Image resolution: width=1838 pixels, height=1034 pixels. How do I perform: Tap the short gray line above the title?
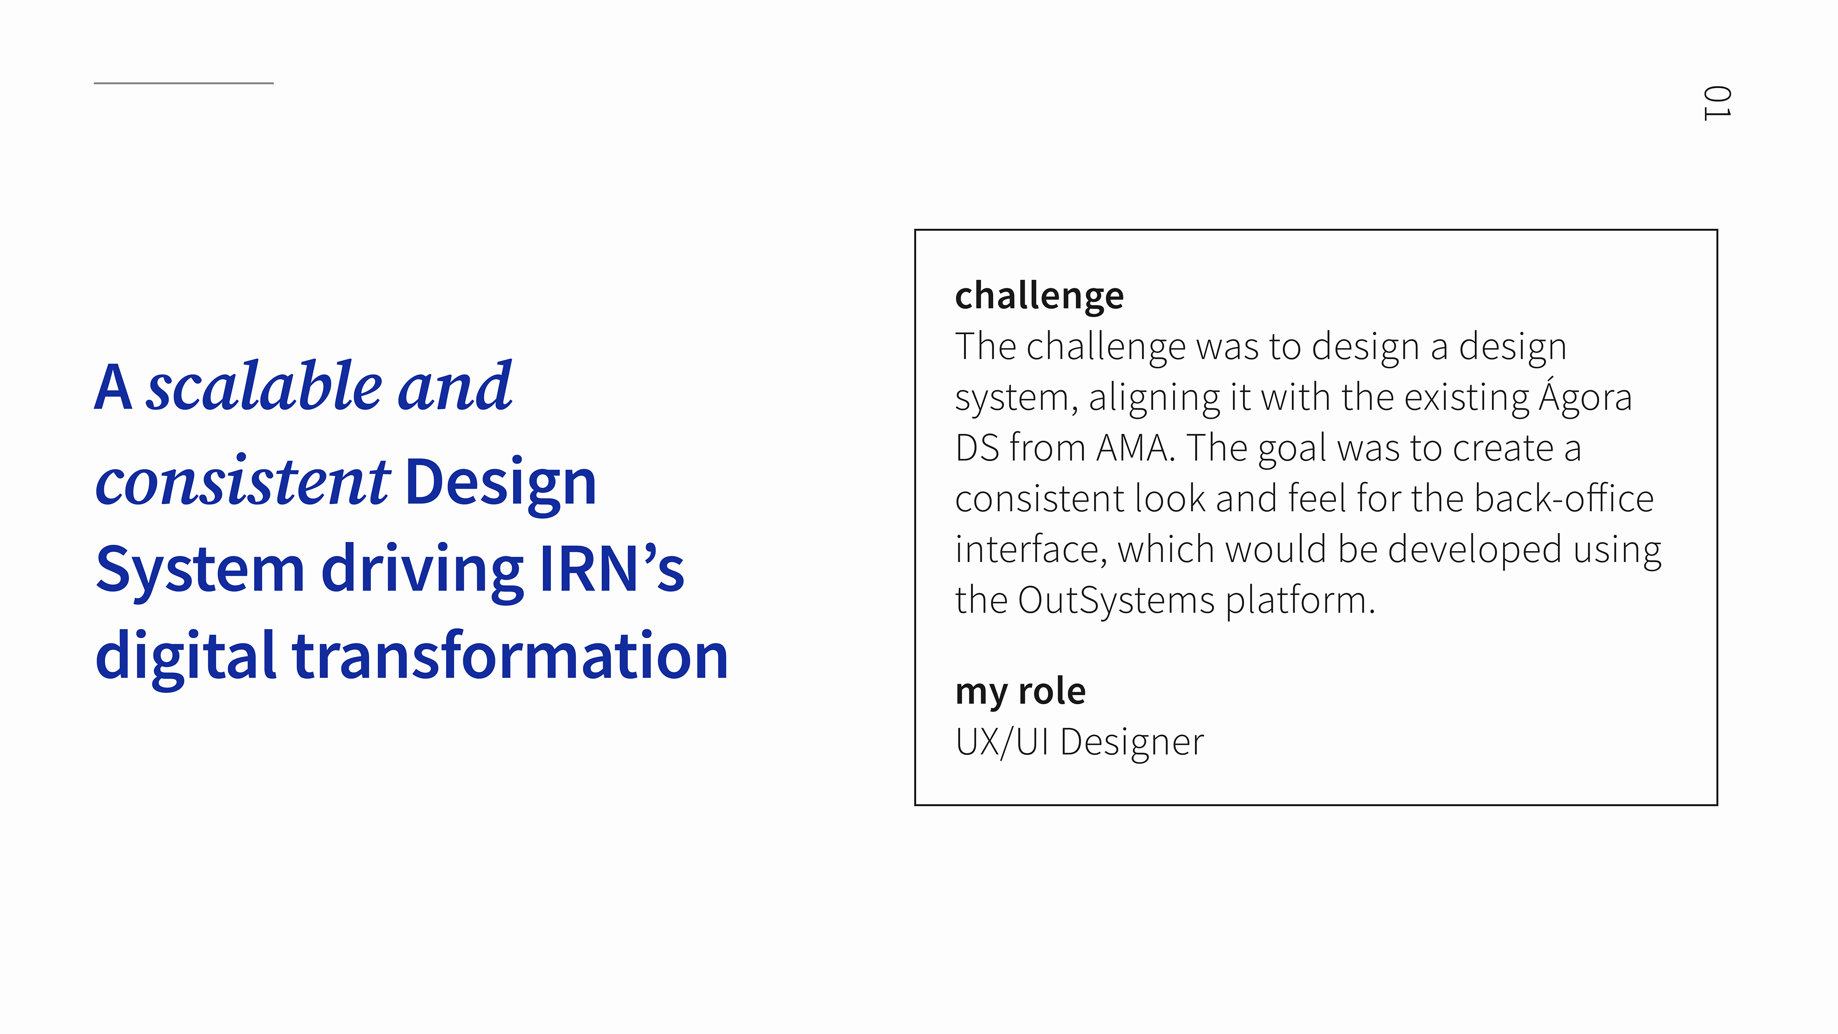[183, 83]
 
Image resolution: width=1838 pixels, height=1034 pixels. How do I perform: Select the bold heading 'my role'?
[1020, 691]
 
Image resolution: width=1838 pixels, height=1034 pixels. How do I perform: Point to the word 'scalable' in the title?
[265, 387]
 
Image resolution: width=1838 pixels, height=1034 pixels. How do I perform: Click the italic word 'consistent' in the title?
[243, 482]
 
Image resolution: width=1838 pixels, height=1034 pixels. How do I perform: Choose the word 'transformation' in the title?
[510, 656]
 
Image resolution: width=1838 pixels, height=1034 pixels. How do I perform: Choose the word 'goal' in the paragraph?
[1292, 450]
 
